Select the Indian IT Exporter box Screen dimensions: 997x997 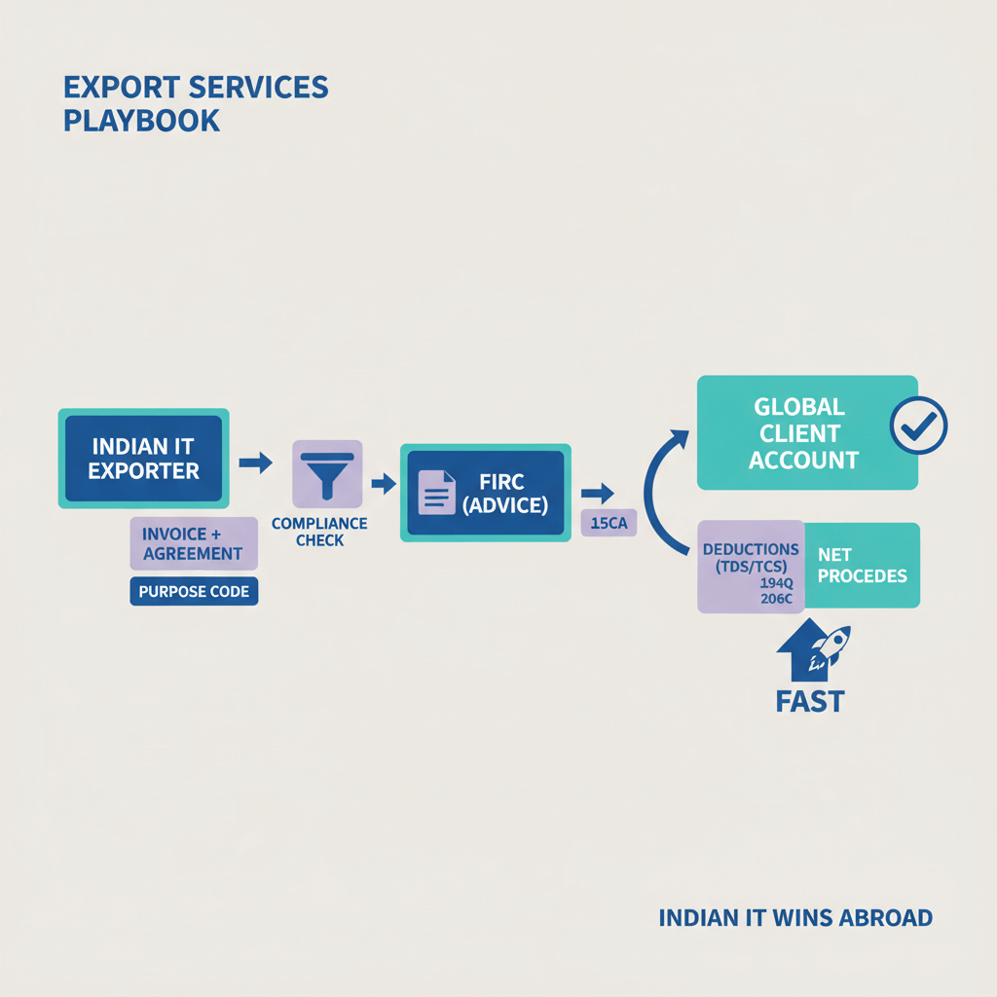point(144,459)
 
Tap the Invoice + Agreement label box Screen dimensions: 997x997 point(193,543)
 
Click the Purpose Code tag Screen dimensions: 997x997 point(194,591)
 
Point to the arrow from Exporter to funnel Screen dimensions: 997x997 point(255,462)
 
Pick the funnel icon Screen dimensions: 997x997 point(326,472)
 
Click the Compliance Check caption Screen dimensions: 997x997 point(319,532)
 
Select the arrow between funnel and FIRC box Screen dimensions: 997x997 point(383,481)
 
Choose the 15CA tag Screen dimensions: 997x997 point(608,525)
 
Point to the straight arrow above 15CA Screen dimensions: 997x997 point(597,493)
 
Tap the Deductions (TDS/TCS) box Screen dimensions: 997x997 point(751,566)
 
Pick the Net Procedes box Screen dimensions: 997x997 point(862,566)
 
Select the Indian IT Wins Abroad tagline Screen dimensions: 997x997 point(795,917)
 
